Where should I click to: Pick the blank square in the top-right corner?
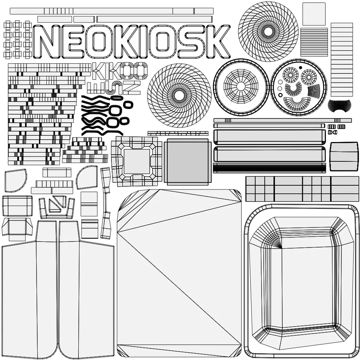pyautogui.click(x=314, y=14)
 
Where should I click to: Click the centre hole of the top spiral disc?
pyautogui.click(x=268, y=32)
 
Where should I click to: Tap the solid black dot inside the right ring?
pyautogui.click(x=300, y=67)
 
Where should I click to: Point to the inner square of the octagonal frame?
pyautogui.click(x=137, y=161)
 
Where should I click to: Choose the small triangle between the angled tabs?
pyautogui.click(x=55, y=205)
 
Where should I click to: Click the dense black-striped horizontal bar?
pyautogui.click(x=269, y=168)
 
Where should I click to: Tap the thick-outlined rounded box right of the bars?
pyautogui.click(x=344, y=152)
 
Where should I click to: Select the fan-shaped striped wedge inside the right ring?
pyautogui.click(x=314, y=91)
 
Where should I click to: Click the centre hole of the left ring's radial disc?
pyautogui.click(x=241, y=86)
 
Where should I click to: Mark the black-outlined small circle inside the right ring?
pyautogui.click(x=280, y=95)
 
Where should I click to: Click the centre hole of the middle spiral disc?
pyautogui.click(x=179, y=95)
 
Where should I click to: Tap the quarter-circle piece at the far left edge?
pyautogui.click(x=15, y=180)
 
